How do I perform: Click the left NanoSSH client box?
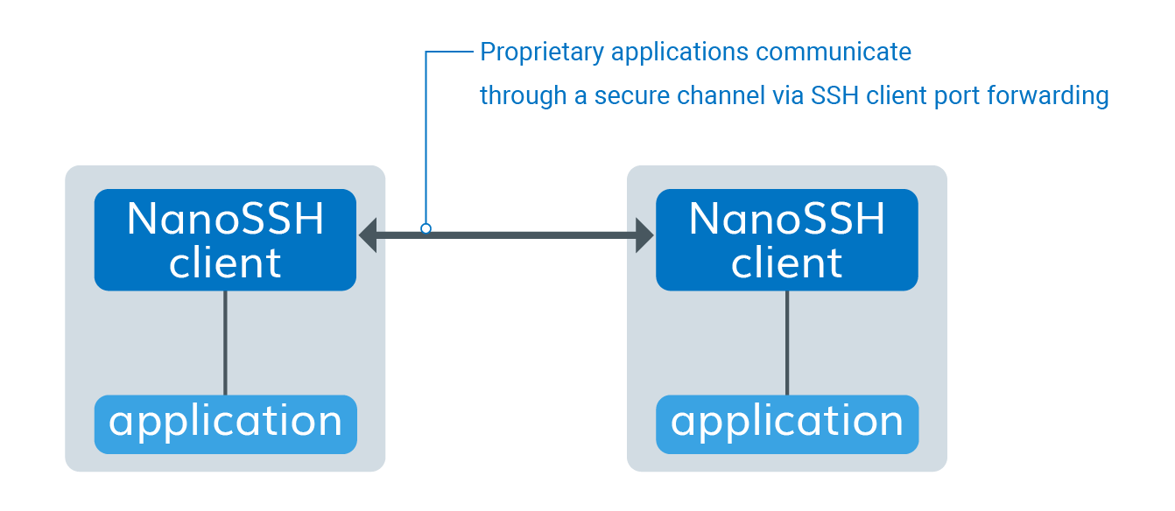(225, 240)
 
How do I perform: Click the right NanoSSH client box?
(786, 240)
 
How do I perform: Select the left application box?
(225, 424)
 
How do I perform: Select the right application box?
(786, 424)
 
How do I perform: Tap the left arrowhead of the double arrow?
(369, 234)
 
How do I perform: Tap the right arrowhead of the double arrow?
(644, 234)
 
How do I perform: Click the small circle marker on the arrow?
(426, 228)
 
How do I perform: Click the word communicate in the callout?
(834, 52)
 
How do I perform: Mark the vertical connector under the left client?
(225, 343)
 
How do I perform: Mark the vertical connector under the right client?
(786, 343)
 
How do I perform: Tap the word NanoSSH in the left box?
(225, 219)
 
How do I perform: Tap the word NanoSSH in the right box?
(786, 219)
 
